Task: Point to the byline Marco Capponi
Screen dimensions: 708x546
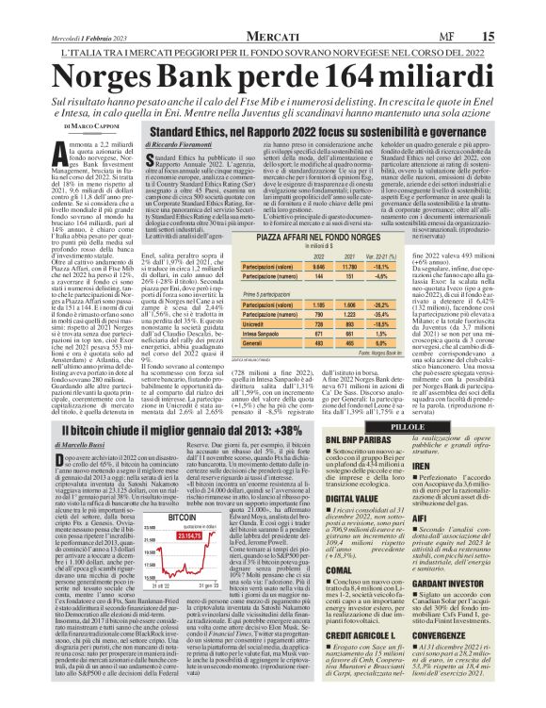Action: [77, 125]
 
